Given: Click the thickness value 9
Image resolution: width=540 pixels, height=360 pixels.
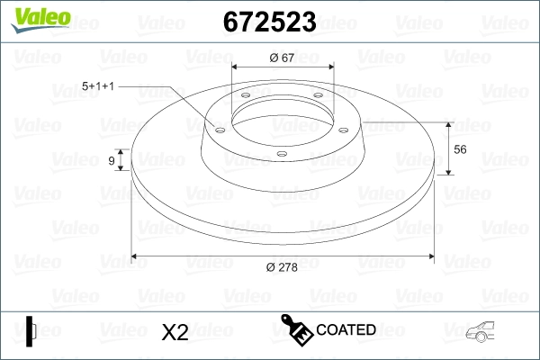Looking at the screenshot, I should [x=112, y=160].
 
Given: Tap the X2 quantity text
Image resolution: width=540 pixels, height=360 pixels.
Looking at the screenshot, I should [x=174, y=332].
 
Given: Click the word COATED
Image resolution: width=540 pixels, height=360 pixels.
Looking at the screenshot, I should [x=346, y=329].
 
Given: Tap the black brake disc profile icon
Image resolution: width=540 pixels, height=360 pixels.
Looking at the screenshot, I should [x=31, y=330].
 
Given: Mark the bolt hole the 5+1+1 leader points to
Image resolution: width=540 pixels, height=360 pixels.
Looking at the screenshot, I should [x=218, y=128].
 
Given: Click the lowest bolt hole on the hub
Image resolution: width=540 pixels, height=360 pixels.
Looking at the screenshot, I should [x=281, y=154].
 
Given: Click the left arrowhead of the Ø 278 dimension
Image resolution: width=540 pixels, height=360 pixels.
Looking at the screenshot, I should [x=136, y=256].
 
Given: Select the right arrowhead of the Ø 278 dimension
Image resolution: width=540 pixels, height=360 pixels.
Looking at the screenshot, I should [x=431, y=256].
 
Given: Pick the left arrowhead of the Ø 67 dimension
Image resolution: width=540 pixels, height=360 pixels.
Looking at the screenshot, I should [x=236, y=66].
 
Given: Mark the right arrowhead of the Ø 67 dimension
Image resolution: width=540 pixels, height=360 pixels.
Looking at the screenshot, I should [x=329, y=66].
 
